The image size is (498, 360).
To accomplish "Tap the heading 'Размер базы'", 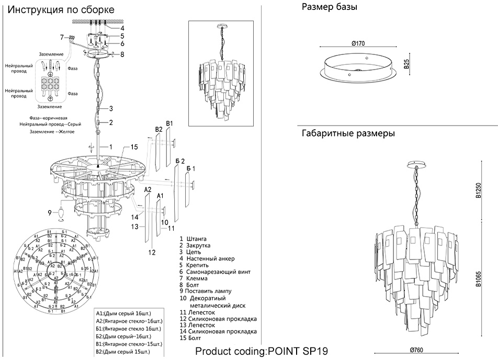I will pos(330,7).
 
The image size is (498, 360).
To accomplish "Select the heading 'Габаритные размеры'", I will pos(348,133).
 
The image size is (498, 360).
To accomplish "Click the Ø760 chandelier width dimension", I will pos(416,350).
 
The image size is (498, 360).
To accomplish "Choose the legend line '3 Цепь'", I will pos(190,252).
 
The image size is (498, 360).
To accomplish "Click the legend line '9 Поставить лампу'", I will pos(205,291).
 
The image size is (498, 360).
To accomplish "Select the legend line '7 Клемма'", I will pos(193,278).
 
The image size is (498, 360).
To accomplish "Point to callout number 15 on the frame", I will pos(134,147).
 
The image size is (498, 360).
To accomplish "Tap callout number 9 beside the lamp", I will pos(50,212).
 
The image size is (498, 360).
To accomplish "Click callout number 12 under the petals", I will pos(152,252).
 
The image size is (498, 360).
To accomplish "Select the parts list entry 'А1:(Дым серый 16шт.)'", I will pos(124,312).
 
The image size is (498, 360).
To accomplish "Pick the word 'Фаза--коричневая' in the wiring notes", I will pos(49,118).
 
